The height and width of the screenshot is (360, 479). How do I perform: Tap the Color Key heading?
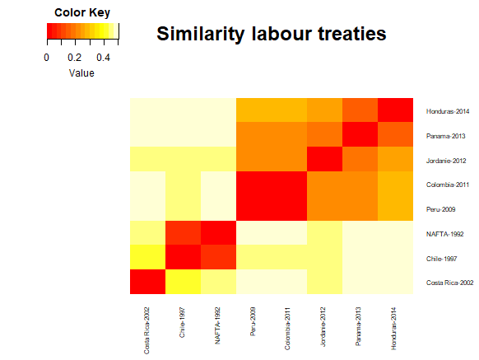point(81,12)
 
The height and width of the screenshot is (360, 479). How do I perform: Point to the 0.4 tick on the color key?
point(104,58)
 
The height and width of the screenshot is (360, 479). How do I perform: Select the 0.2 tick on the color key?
point(75,58)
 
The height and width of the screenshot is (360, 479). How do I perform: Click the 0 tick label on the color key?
point(47,58)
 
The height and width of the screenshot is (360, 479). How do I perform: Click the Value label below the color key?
point(81,72)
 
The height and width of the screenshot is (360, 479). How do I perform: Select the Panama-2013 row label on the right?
point(445,134)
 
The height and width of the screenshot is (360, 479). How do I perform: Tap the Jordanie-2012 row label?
point(446,159)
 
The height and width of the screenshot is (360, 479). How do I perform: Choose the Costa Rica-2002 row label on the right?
point(449,282)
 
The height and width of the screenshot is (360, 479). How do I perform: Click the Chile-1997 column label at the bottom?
point(183,321)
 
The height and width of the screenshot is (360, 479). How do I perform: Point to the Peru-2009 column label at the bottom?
point(253,321)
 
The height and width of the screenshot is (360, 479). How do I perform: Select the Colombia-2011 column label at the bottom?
point(289,325)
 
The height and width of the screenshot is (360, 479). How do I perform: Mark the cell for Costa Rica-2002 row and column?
point(147,281)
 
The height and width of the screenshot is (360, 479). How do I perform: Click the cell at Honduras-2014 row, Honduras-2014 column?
point(395,110)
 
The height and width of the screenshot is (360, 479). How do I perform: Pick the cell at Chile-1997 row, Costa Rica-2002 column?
point(147,257)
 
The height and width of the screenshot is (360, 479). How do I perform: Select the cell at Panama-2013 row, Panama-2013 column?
point(360,134)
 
